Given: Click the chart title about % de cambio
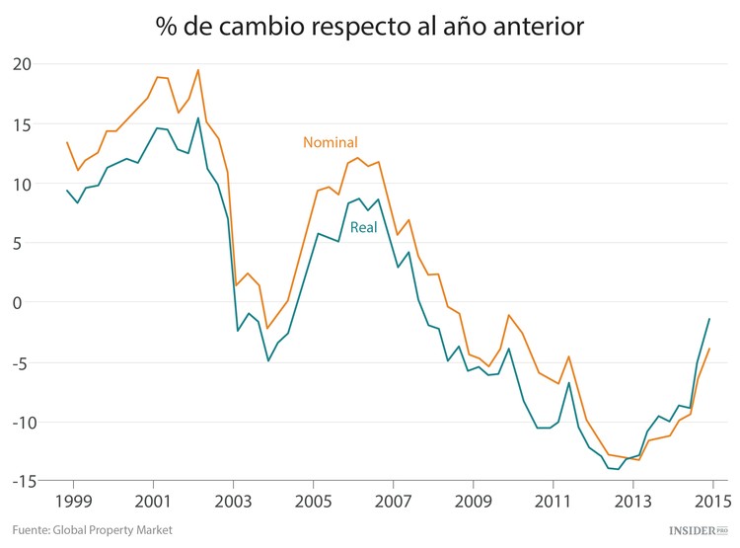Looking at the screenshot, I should (370, 27).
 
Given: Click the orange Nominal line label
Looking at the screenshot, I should (330, 142).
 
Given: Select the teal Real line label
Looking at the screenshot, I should (365, 227).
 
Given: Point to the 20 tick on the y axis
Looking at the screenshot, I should (23, 64).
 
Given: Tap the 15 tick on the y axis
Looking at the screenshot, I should (23, 124).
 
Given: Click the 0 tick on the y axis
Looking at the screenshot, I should (29, 302).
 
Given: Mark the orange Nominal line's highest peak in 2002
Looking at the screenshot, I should (198, 70).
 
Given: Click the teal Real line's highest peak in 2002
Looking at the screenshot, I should (197, 118).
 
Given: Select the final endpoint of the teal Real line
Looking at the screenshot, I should (709, 319).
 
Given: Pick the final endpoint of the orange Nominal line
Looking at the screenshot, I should (709, 349).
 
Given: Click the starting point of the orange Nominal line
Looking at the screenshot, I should (67, 142).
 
